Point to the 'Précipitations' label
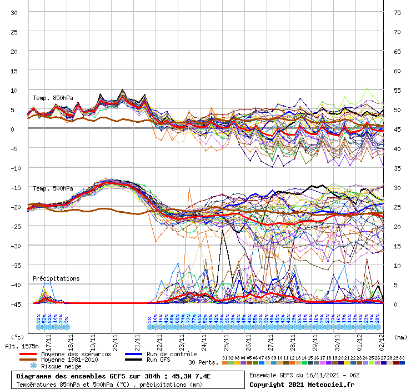56,278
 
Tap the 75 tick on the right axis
397,12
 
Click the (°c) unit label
18,337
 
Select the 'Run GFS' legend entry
158,360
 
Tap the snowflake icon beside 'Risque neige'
33,366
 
